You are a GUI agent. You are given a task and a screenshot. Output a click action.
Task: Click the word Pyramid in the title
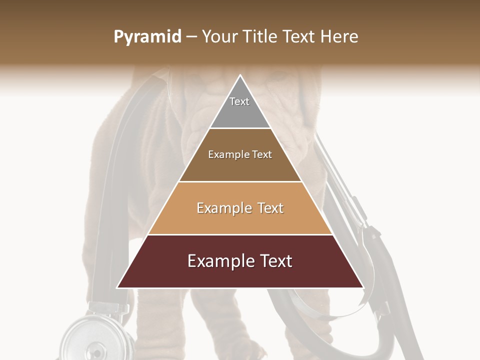(x=147, y=37)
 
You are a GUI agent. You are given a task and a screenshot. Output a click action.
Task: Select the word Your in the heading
(x=220, y=37)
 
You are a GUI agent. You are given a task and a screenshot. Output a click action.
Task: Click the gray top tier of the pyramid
(x=240, y=112)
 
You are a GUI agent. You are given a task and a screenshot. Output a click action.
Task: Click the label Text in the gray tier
(x=239, y=101)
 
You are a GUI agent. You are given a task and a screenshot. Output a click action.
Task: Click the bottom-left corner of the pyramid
(x=117, y=287)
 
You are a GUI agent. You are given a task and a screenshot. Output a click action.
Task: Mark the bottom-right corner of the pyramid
(x=363, y=287)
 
